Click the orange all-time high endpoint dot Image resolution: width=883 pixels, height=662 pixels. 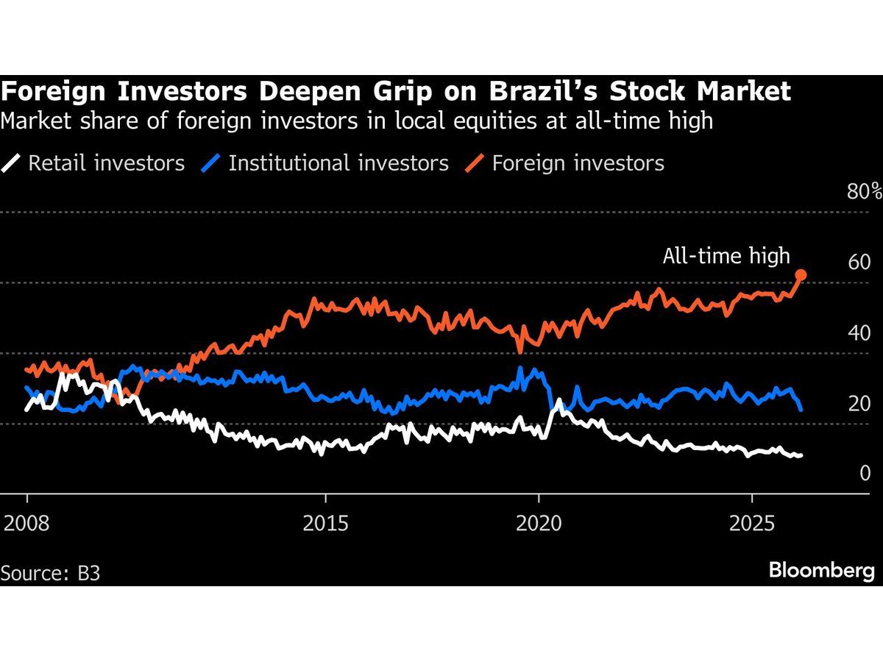tap(801, 275)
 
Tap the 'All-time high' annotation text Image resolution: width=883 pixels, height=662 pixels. tap(726, 256)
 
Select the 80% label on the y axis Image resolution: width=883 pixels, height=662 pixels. tap(865, 193)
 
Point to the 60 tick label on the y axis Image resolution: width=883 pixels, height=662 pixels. tap(859, 263)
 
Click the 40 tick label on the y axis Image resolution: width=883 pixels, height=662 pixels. tap(859, 333)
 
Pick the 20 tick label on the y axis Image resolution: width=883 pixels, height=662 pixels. tap(859, 403)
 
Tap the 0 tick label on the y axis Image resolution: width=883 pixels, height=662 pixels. tap(865, 473)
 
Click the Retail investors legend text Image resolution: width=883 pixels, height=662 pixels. tap(106, 163)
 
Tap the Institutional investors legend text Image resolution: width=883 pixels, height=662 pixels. tap(338, 163)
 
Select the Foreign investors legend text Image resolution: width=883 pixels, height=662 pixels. tap(578, 163)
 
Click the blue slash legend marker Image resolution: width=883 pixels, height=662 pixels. tap(210, 163)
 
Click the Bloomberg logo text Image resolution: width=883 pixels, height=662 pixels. tap(822, 571)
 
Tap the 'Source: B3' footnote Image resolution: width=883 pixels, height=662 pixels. tap(51, 573)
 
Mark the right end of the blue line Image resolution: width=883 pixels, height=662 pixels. tap(801, 409)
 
